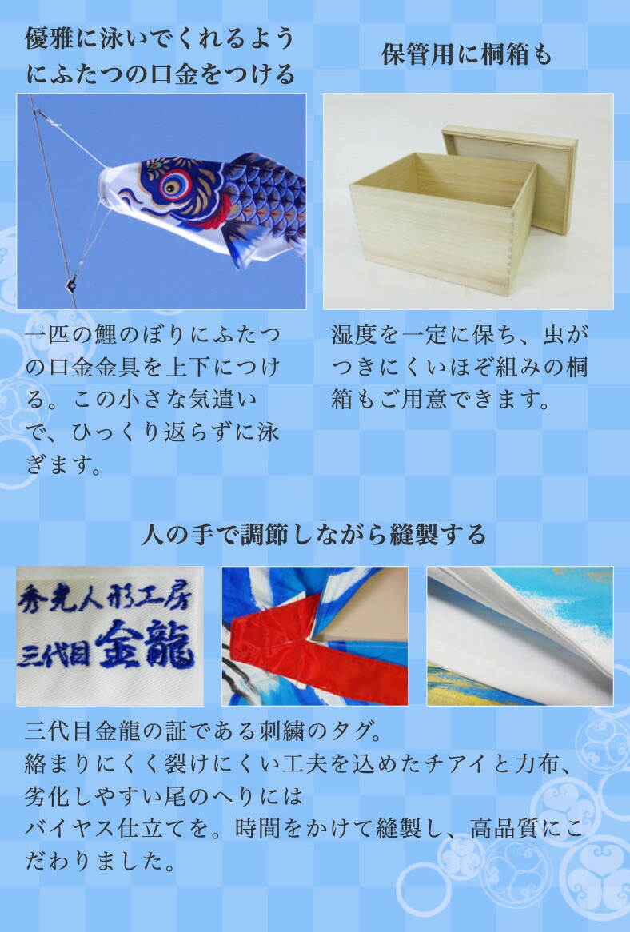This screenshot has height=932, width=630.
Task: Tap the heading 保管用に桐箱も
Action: click(467, 55)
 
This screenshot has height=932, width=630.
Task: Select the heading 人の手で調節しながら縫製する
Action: click(313, 534)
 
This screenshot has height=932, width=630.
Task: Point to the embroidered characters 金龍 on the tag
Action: click(144, 649)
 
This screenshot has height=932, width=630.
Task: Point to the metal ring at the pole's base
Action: click(72, 281)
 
